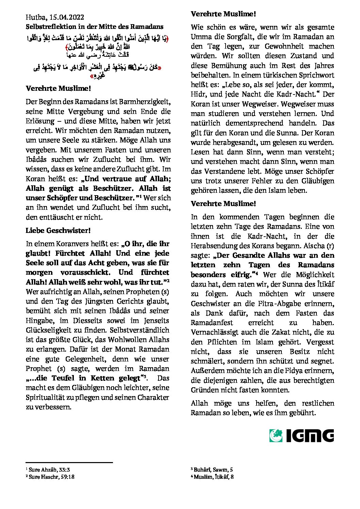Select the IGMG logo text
(310, 436)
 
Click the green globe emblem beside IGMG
(276, 436)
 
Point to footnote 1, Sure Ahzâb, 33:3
(50, 470)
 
